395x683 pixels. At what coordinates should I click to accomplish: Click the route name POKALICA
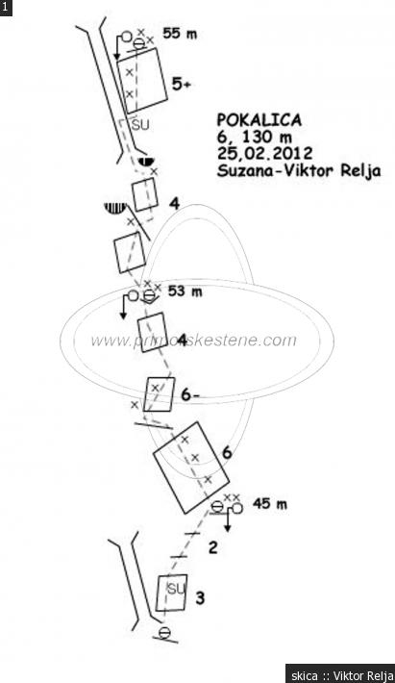point(259,120)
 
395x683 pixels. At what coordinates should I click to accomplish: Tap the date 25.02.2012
point(265,153)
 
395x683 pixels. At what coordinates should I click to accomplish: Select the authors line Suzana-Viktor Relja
point(299,170)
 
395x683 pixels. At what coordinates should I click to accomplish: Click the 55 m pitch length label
point(180,34)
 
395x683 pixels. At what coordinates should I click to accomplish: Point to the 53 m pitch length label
point(185,291)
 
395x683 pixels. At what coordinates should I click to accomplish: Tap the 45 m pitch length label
point(270,504)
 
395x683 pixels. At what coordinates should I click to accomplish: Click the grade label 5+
point(181,84)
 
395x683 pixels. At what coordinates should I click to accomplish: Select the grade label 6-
point(190,395)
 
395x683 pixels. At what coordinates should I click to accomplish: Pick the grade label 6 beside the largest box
point(227,453)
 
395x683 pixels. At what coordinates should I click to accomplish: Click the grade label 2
point(212,547)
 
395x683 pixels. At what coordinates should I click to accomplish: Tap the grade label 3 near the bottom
point(200,598)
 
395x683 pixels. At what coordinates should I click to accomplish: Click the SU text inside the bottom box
point(176,590)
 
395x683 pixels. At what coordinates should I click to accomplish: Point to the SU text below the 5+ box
point(140,125)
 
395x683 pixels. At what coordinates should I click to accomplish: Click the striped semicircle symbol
point(114,208)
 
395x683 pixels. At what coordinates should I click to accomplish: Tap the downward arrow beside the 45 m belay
point(228,521)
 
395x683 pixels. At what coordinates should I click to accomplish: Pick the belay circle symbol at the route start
point(164,633)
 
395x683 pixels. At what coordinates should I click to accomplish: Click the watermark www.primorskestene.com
point(193,341)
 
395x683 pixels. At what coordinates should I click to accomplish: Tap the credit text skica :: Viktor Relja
point(339,675)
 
